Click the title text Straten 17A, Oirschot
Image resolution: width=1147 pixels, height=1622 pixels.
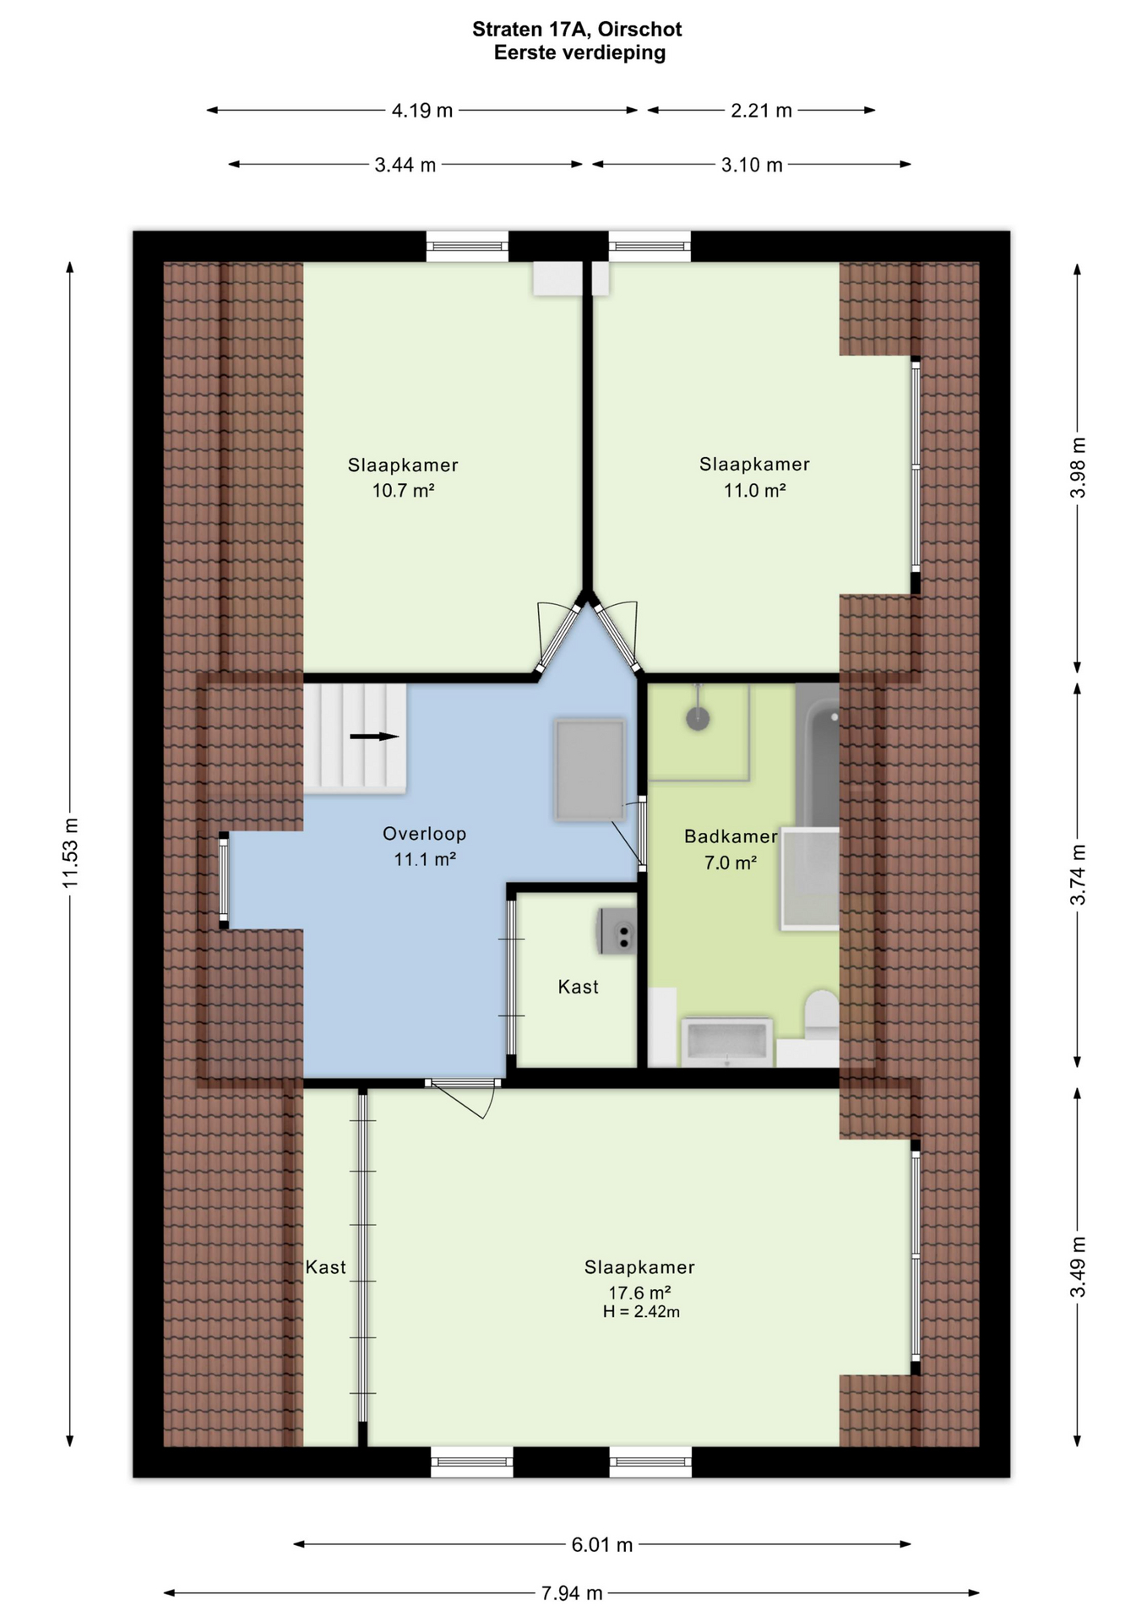pos(577,29)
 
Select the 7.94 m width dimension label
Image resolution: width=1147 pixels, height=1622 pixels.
pos(572,1592)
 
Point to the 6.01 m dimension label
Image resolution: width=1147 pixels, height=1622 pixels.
pos(601,1544)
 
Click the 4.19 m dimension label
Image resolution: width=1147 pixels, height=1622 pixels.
pos(422,110)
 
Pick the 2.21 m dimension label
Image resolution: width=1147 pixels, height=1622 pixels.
pos(761,110)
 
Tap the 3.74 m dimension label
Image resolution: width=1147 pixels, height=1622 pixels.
pos(1078,874)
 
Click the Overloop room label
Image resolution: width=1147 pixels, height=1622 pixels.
pos(424,833)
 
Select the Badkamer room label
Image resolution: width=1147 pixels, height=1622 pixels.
pos(731,836)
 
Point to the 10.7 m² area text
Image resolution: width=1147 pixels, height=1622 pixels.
pos(403,490)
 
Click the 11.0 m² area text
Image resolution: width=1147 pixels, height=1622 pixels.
pos(754,490)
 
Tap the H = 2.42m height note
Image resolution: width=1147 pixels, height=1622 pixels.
pos(641,1311)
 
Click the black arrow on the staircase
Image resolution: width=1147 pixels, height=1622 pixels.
pos(374,736)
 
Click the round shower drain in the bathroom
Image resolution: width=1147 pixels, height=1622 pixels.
pos(698,719)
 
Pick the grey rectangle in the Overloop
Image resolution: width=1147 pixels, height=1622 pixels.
pos(590,770)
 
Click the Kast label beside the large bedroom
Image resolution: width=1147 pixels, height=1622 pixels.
pos(326,1266)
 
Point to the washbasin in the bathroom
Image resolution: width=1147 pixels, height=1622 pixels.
pos(727,1042)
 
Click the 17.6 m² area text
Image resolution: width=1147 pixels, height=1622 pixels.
pos(639,1292)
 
